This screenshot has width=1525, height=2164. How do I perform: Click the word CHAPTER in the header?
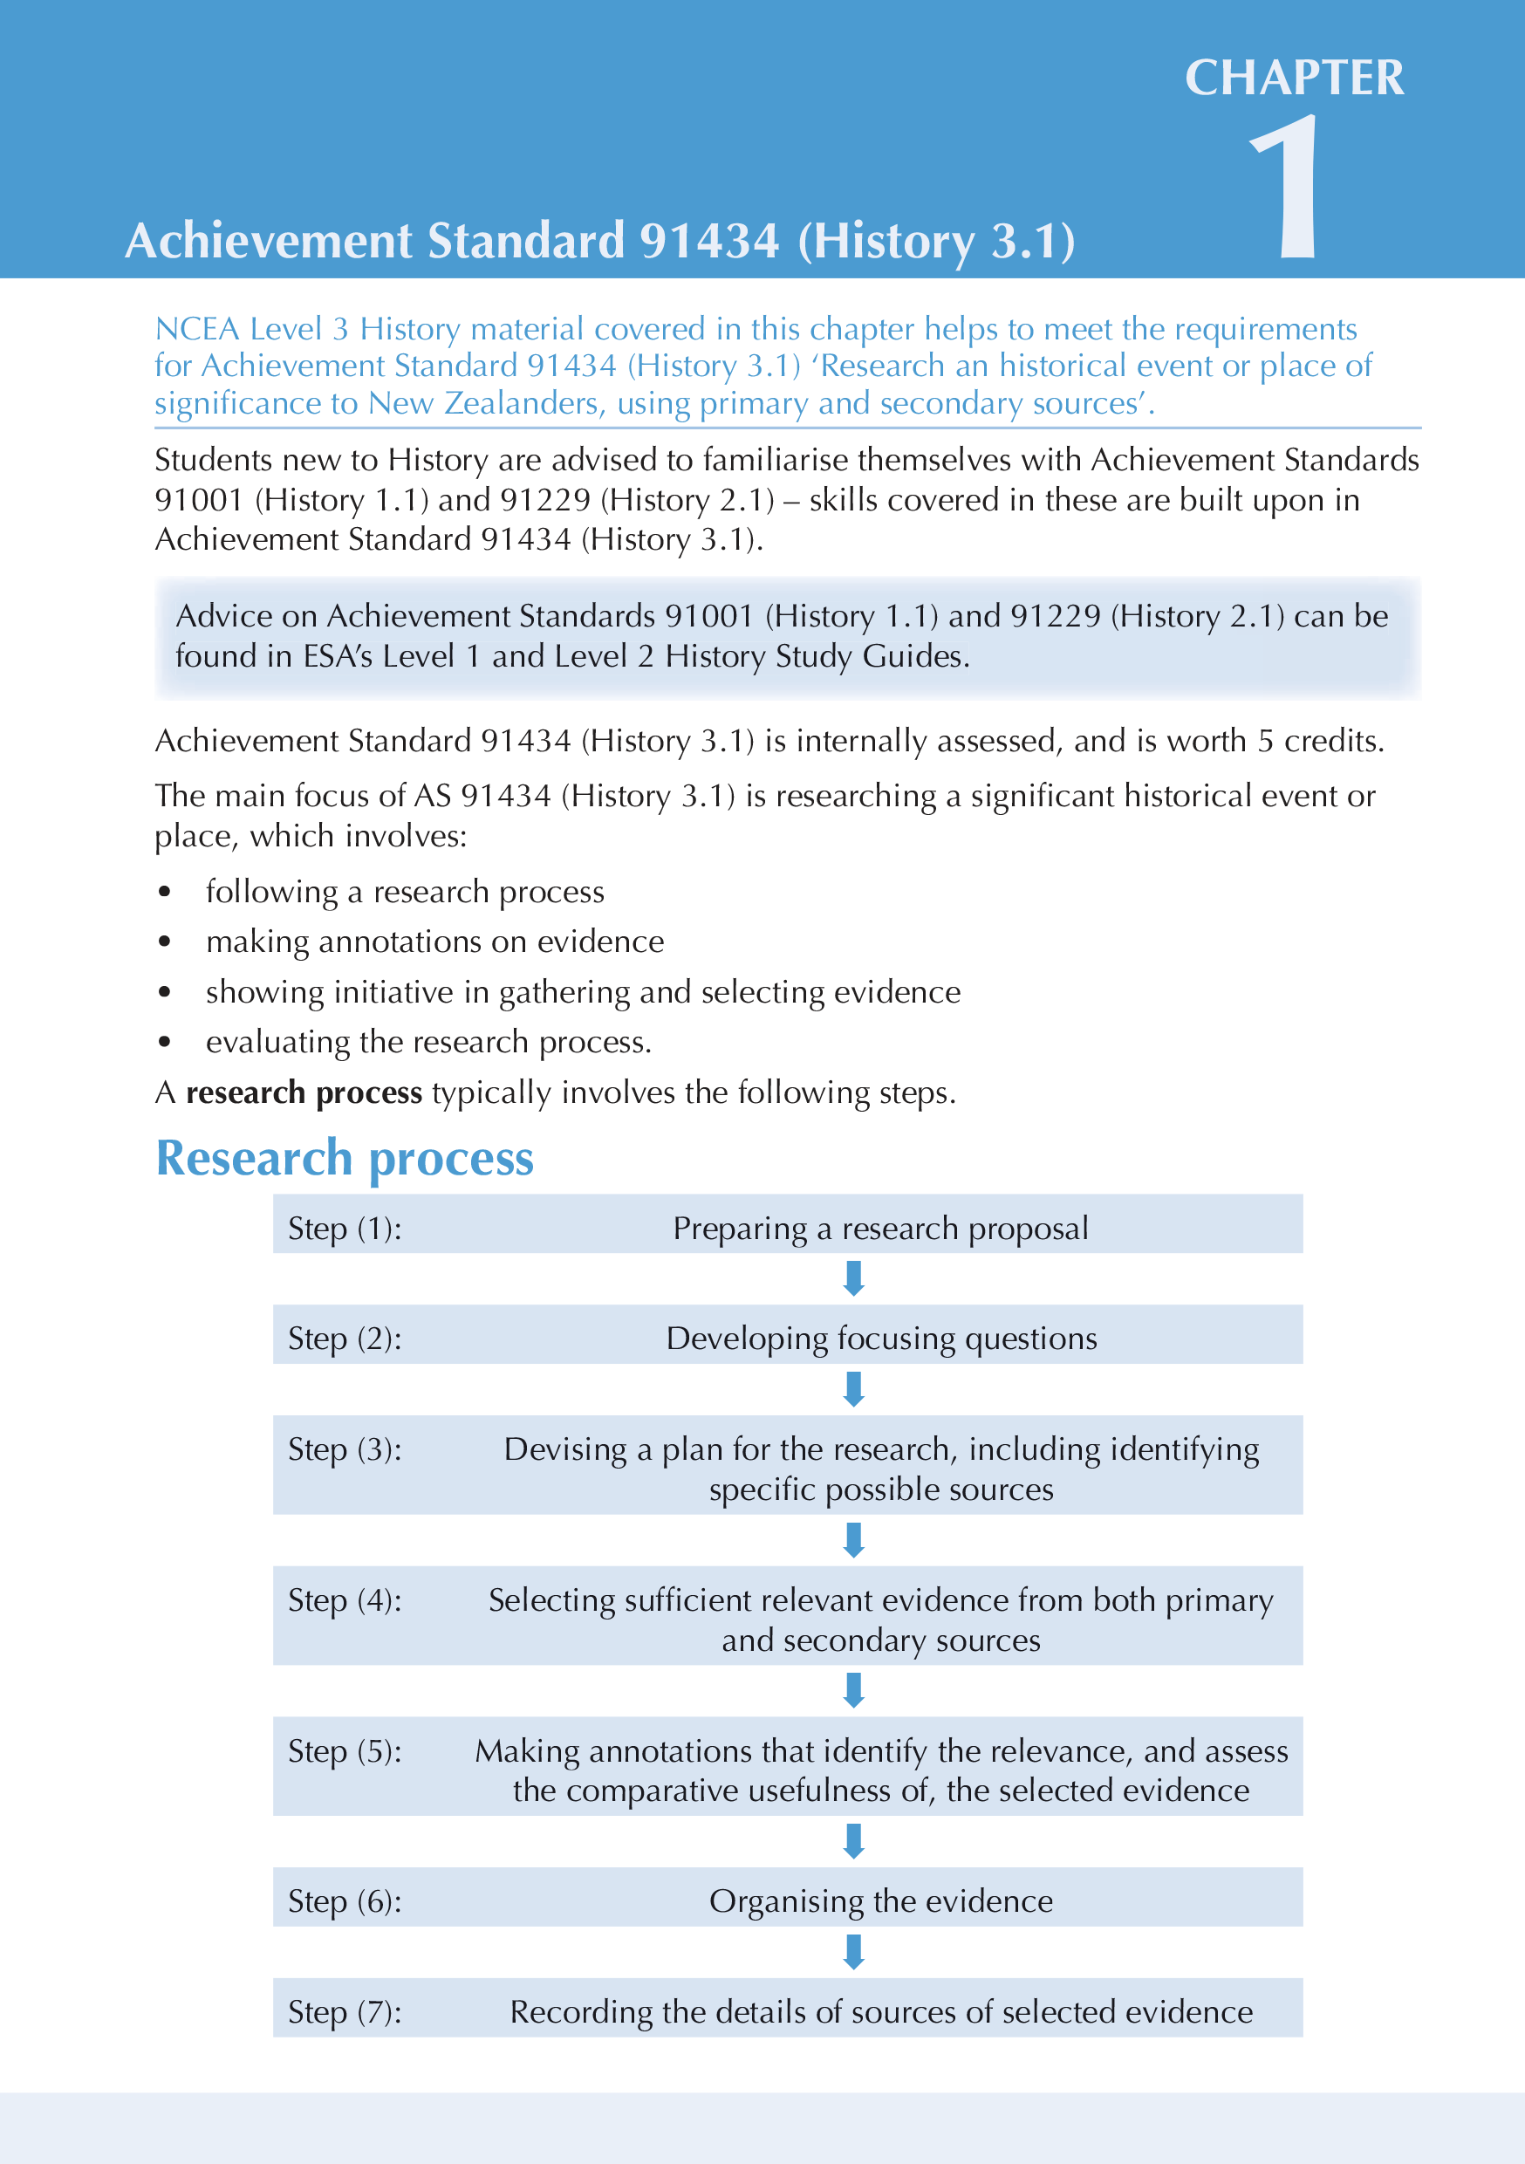click(x=1294, y=79)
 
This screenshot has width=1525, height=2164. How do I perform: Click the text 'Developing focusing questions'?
click(x=881, y=1339)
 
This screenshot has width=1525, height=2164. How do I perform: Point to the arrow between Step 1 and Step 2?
click(x=854, y=1278)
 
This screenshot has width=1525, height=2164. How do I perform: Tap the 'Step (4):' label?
click(x=344, y=1600)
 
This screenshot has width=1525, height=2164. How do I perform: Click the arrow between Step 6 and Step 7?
click(x=854, y=1951)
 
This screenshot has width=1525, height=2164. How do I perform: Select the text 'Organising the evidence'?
click(x=881, y=1901)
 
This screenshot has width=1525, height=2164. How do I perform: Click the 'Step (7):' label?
click(x=344, y=2011)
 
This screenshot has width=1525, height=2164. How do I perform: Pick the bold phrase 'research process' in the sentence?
click(x=304, y=1092)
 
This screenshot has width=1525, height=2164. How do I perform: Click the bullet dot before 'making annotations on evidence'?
click(x=165, y=942)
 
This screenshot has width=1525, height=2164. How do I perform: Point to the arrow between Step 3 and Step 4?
click(x=854, y=1540)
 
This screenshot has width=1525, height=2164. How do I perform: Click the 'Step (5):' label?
click(x=344, y=1751)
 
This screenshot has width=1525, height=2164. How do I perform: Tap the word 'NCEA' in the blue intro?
click(x=197, y=329)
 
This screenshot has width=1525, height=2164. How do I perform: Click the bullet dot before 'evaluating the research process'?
click(x=165, y=1043)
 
